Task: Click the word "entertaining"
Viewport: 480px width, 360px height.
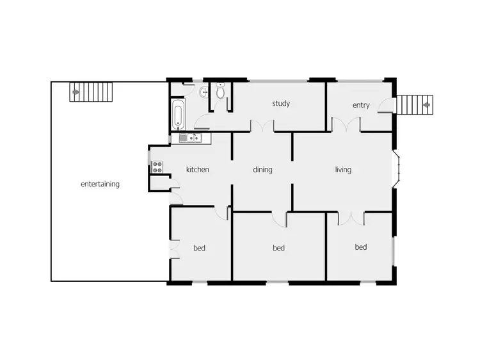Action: [100, 184]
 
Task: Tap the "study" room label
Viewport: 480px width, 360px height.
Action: [281, 103]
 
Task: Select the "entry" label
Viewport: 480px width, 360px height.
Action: [361, 105]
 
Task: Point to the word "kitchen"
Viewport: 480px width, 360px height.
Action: [198, 170]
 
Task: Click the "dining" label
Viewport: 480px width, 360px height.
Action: [262, 170]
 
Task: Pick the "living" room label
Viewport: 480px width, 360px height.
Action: [343, 170]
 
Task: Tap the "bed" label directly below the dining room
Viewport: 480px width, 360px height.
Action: [278, 248]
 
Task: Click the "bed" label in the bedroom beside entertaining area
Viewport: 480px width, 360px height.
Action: [199, 248]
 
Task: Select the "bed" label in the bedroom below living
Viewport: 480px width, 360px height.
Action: [361, 247]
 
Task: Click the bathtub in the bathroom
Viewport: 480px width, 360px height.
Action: [178, 115]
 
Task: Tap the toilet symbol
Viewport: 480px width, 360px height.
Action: [221, 92]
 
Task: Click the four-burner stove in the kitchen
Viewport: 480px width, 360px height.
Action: [157, 167]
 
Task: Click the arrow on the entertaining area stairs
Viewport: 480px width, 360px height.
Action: [76, 92]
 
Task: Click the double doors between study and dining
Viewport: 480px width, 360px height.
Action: [262, 127]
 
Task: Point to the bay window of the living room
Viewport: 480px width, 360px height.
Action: [397, 170]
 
